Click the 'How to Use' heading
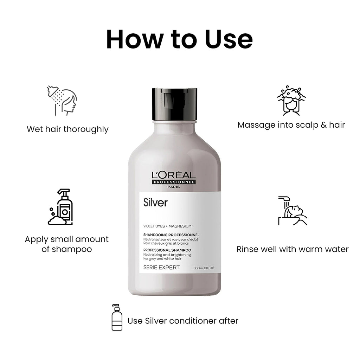pyautogui.click(x=179, y=39)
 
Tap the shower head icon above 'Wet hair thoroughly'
pyautogui.click(x=62, y=100)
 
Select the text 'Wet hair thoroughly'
pyautogui.click(x=67, y=129)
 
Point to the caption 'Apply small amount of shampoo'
pyautogui.click(x=67, y=244)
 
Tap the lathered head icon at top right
pyautogui.click(x=291, y=100)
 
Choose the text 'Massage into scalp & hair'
pyautogui.click(x=291, y=125)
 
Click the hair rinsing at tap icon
pyautogui.click(x=292, y=211)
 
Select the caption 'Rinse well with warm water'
pyautogui.click(x=292, y=249)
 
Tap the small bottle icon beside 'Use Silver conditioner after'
pyautogui.click(x=117, y=317)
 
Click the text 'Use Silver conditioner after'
pyautogui.click(x=183, y=321)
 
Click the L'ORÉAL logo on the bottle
pyautogui.click(x=174, y=175)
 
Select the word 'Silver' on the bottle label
pyautogui.click(x=155, y=203)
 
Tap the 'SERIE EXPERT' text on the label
pyautogui.click(x=161, y=268)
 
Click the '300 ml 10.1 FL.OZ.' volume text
pyautogui.click(x=204, y=268)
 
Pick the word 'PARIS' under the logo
pyautogui.click(x=174, y=187)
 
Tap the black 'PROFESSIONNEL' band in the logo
pyautogui.click(x=174, y=181)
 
